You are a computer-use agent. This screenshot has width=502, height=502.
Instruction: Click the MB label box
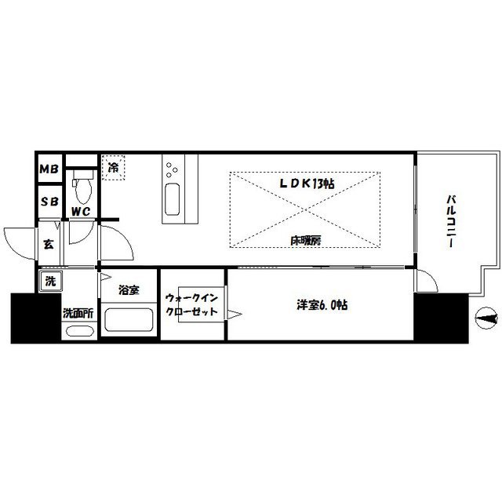pyautogui.click(x=49, y=169)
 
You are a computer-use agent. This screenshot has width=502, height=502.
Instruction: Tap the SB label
pyautogui.click(x=49, y=200)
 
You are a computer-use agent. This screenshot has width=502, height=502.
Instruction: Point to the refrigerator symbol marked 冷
pyautogui.click(x=113, y=167)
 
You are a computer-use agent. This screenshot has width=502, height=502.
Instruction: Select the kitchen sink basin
pyautogui.click(x=173, y=196)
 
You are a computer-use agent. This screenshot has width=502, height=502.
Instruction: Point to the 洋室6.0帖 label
pyautogui.click(x=320, y=304)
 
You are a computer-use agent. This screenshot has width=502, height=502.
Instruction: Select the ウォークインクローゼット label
pyautogui.click(x=187, y=305)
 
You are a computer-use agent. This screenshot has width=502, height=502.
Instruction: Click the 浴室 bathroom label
pyautogui.click(x=129, y=290)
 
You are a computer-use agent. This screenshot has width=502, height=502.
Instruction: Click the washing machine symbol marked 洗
pyautogui.click(x=49, y=280)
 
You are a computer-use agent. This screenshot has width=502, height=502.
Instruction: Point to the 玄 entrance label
pyautogui.click(x=49, y=244)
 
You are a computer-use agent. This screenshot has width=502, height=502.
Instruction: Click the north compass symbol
pyautogui.click(x=486, y=318)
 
